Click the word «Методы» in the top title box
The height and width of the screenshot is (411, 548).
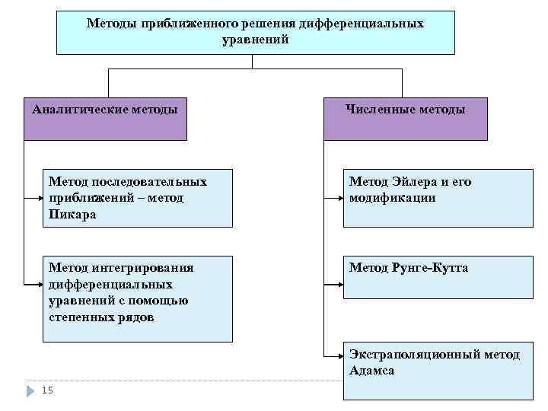pyautogui.click(x=110, y=24)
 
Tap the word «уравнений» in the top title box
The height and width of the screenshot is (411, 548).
pyautogui.click(x=256, y=39)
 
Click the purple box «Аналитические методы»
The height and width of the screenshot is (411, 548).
pyautogui.click(x=105, y=119)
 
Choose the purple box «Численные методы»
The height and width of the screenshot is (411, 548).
pyautogui.click(x=406, y=119)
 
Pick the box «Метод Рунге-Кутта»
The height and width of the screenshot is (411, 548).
pyautogui.click(x=438, y=276)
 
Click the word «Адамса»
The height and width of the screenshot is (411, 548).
pyautogui.click(x=372, y=371)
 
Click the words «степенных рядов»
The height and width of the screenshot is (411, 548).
pyautogui.click(x=101, y=317)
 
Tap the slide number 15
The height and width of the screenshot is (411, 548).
pyautogui.click(x=47, y=390)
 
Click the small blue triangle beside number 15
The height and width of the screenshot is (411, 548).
pyautogui.click(x=30, y=390)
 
